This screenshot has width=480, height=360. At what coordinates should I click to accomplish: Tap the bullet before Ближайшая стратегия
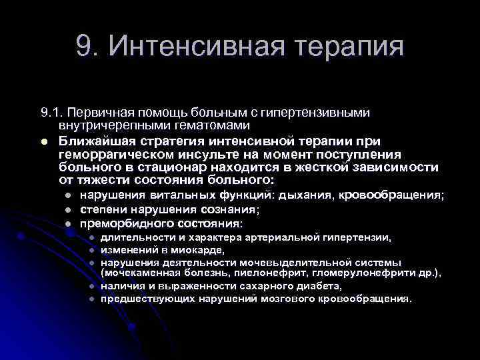click(44, 141)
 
